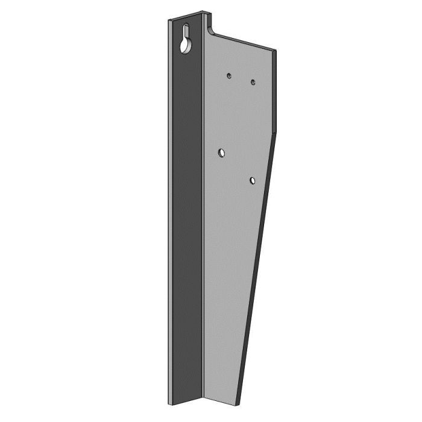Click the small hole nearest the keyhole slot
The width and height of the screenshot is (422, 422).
pyautogui.click(x=229, y=75)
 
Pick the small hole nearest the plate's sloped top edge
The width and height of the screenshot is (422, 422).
pyautogui.click(x=253, y=81)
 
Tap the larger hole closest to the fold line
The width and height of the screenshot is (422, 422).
pyautogui.click(x=222, y=153)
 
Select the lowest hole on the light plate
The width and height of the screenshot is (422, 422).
pyautogui.click(x=253, y=180)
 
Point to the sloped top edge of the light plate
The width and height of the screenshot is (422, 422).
pyautogui.click(x=244, y=42)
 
